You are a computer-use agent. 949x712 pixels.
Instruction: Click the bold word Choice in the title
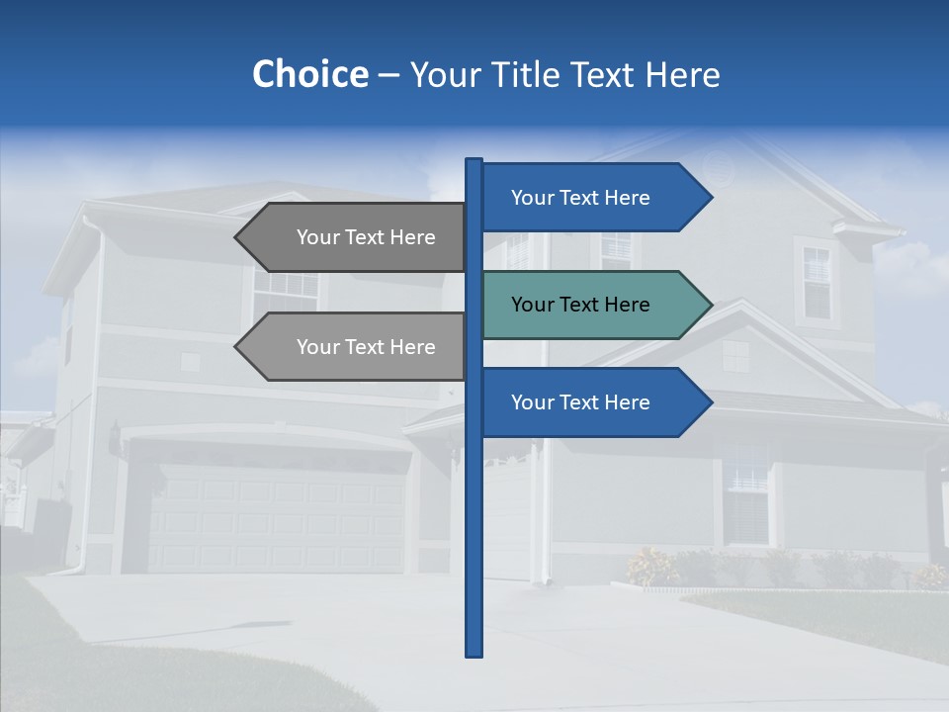pos(309,74)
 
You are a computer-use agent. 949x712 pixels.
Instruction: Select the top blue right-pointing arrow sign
pos(593,198)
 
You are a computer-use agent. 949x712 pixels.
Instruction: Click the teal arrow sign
pos(593,305)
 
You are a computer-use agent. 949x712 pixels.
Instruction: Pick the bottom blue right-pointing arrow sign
pos(593,402)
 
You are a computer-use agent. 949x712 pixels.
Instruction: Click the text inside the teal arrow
pos(580,305)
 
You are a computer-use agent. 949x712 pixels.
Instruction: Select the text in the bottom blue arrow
pos(580,402)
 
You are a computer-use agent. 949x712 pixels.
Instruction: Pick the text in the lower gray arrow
pos(366,347)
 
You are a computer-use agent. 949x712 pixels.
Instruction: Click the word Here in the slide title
pos(682,75)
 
